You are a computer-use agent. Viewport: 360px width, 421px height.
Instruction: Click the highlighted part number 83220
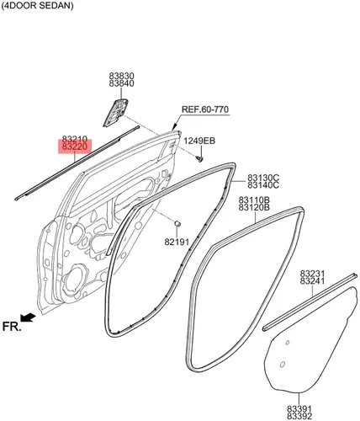[75, 147]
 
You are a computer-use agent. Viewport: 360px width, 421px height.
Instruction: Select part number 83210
[75, 139]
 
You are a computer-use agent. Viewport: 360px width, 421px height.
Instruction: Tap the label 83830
[122, 76]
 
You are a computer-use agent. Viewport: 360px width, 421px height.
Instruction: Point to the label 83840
[122, 83]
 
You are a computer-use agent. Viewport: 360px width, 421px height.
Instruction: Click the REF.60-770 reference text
[205, 109]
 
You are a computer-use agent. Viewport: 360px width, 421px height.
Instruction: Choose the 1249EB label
[199, 141]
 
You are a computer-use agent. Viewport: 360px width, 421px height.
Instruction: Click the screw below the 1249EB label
[200, 159]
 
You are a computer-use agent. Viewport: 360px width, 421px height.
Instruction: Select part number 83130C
[263, 178]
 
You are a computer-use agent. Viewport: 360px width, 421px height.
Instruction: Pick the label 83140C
[263, 185]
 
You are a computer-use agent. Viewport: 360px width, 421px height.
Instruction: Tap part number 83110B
[254, 200]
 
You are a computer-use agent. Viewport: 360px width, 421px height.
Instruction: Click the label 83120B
[254, 207]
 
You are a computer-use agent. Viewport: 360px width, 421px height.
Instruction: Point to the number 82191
[177, 242]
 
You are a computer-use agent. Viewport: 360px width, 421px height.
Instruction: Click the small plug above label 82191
[177, 223]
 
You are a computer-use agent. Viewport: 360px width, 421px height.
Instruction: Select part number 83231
[312, 274]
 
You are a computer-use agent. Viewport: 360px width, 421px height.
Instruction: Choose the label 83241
[312, 281]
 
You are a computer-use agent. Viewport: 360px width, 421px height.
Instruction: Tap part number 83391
[299, 408]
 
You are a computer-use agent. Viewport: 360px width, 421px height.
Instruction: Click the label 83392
[299, 416]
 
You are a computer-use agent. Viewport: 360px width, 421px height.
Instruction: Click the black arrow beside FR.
[29, 317]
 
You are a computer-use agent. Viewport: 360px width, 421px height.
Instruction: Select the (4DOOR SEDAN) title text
[37, 6]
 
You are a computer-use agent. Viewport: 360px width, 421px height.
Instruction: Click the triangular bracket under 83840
[116, 112]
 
